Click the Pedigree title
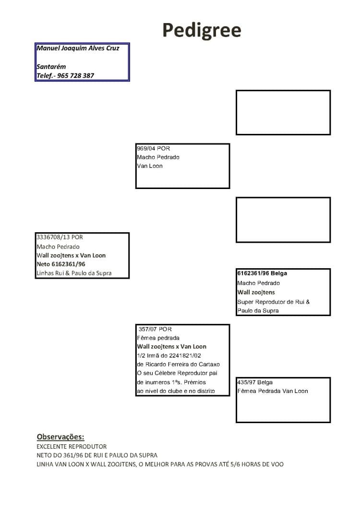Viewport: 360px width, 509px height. [x=202, y=31]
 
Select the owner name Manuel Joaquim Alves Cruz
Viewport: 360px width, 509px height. [x=78, y=48]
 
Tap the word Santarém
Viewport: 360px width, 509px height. [x=51, y=67]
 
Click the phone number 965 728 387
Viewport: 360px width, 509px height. [x=75, y=76]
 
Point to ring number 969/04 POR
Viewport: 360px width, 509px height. [x=153, y=148]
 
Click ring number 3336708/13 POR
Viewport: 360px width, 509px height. [x=60, y=237]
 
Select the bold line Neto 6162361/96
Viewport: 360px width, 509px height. [x=61, y=264]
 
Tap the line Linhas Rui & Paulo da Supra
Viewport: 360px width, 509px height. [x=74, y=273]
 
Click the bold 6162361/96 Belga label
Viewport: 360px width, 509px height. [x=262, y=273]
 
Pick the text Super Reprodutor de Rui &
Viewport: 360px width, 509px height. [x=274, y=302]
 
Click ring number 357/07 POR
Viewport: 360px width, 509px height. [x=155, y=329]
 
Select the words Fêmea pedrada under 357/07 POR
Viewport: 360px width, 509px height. [x=158, y=338]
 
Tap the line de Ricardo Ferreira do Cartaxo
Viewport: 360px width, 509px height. [x=179, y=364]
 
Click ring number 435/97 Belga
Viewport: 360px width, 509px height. [x=255, y=382]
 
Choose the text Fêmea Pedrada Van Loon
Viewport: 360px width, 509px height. [x=273, y=391]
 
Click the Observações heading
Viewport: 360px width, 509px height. [x=60, y=437]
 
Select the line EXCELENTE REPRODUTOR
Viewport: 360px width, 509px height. [x=72, y=447]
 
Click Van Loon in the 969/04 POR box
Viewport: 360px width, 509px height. [x=150, y=166]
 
